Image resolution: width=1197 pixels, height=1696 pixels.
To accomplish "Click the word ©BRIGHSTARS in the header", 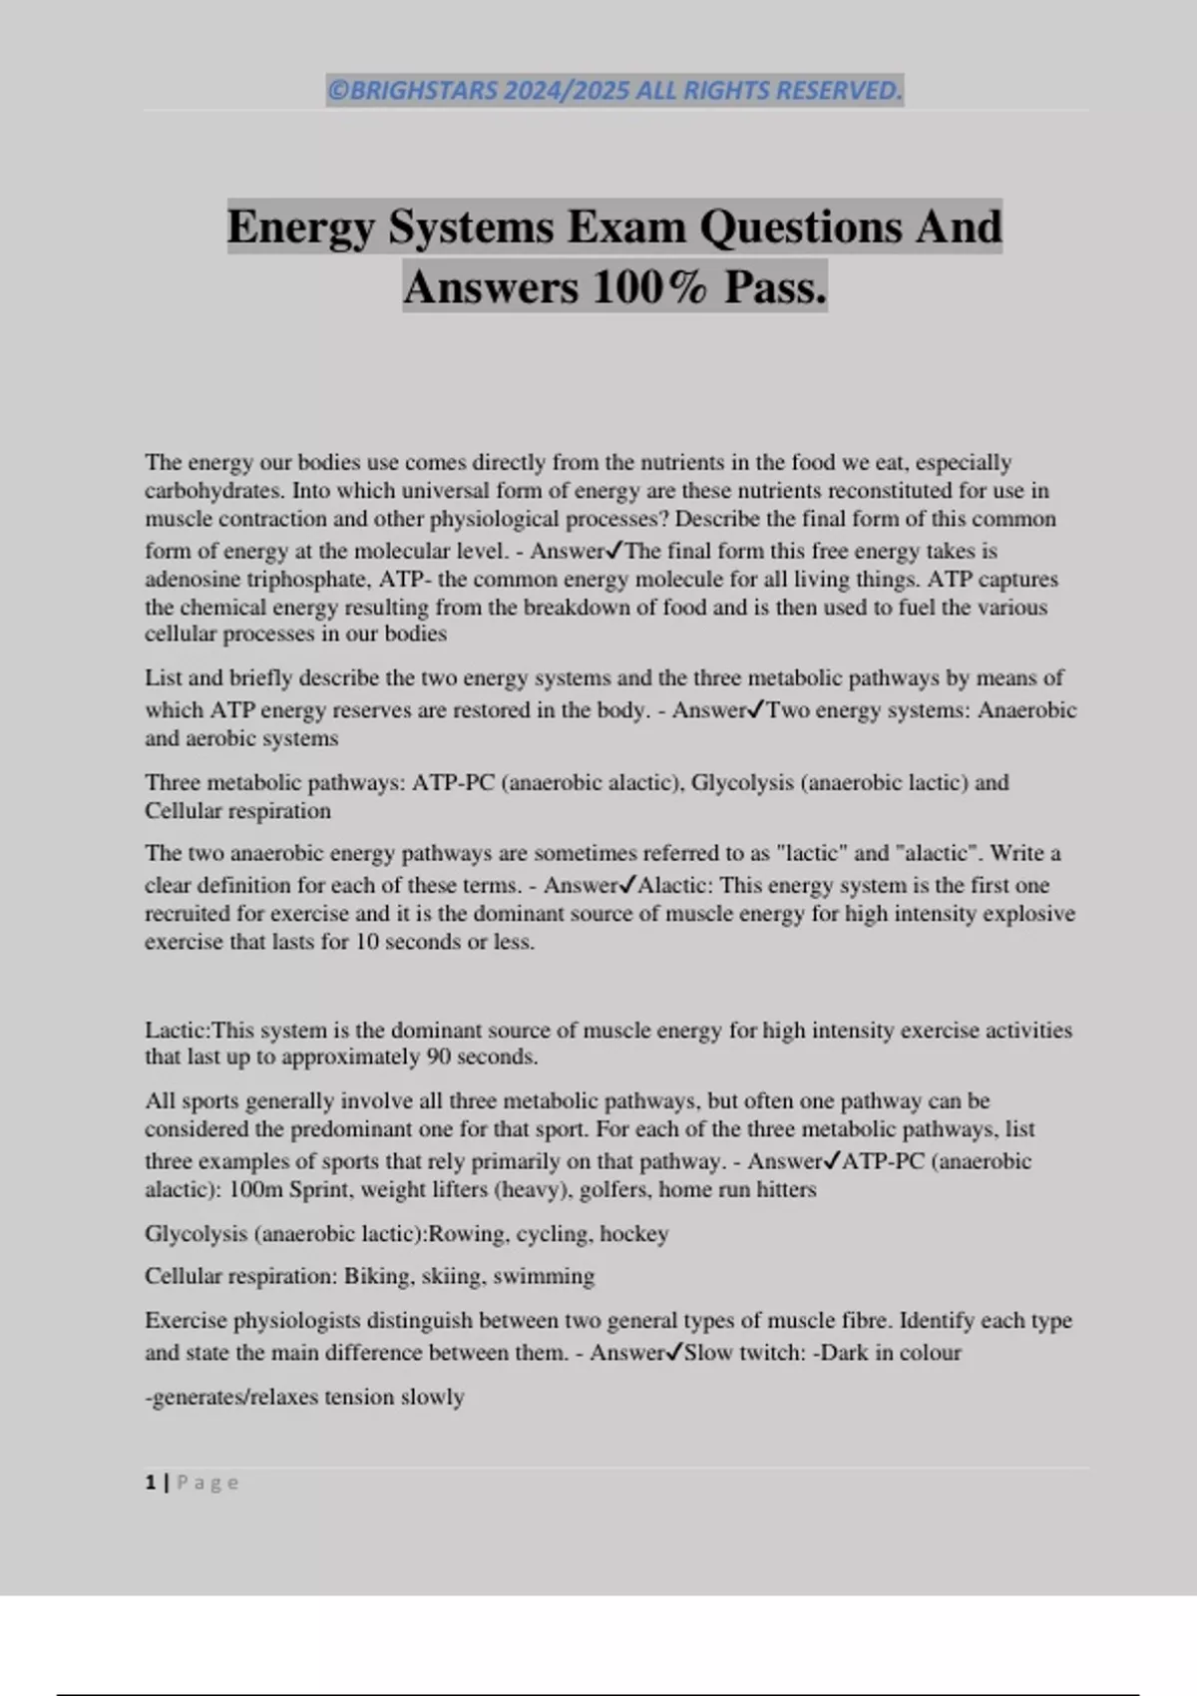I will pyautogui.click(x=413, y=91).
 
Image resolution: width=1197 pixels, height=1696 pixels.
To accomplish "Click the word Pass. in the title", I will pyautogui.click(x=776, y=287).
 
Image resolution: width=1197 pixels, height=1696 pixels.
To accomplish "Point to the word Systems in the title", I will pyautogui.click(x=471, y=226).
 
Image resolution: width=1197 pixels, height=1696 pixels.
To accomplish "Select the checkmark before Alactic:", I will pyautogui.click(x=627, y=884).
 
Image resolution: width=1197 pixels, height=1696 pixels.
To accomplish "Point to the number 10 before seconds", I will pyautogui.click(x=367, y=942).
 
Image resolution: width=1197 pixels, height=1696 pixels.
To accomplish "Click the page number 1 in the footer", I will pyautogui.click(x=151, y=1483).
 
